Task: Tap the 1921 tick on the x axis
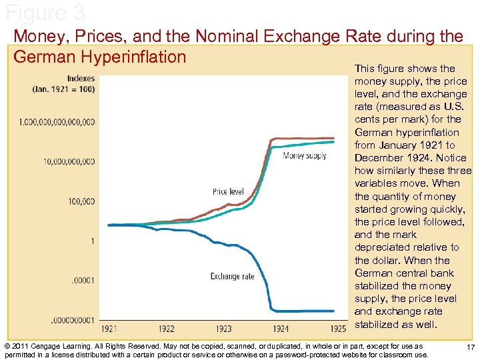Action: pos(110,329)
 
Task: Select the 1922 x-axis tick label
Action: pos(167,329)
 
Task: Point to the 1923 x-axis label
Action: pos(224,329)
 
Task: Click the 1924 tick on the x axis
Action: pos(281,329)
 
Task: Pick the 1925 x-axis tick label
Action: pos(338,329)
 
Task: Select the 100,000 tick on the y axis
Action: pos(82,201)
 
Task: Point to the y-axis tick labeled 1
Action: pos(93,241)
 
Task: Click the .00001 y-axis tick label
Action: pos(83,280)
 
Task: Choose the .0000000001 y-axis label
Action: pos(72,320)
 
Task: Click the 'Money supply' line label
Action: pos(305,156)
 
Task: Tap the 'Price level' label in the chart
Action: pos(228,192)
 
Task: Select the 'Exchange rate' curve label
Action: pos(232,276)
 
